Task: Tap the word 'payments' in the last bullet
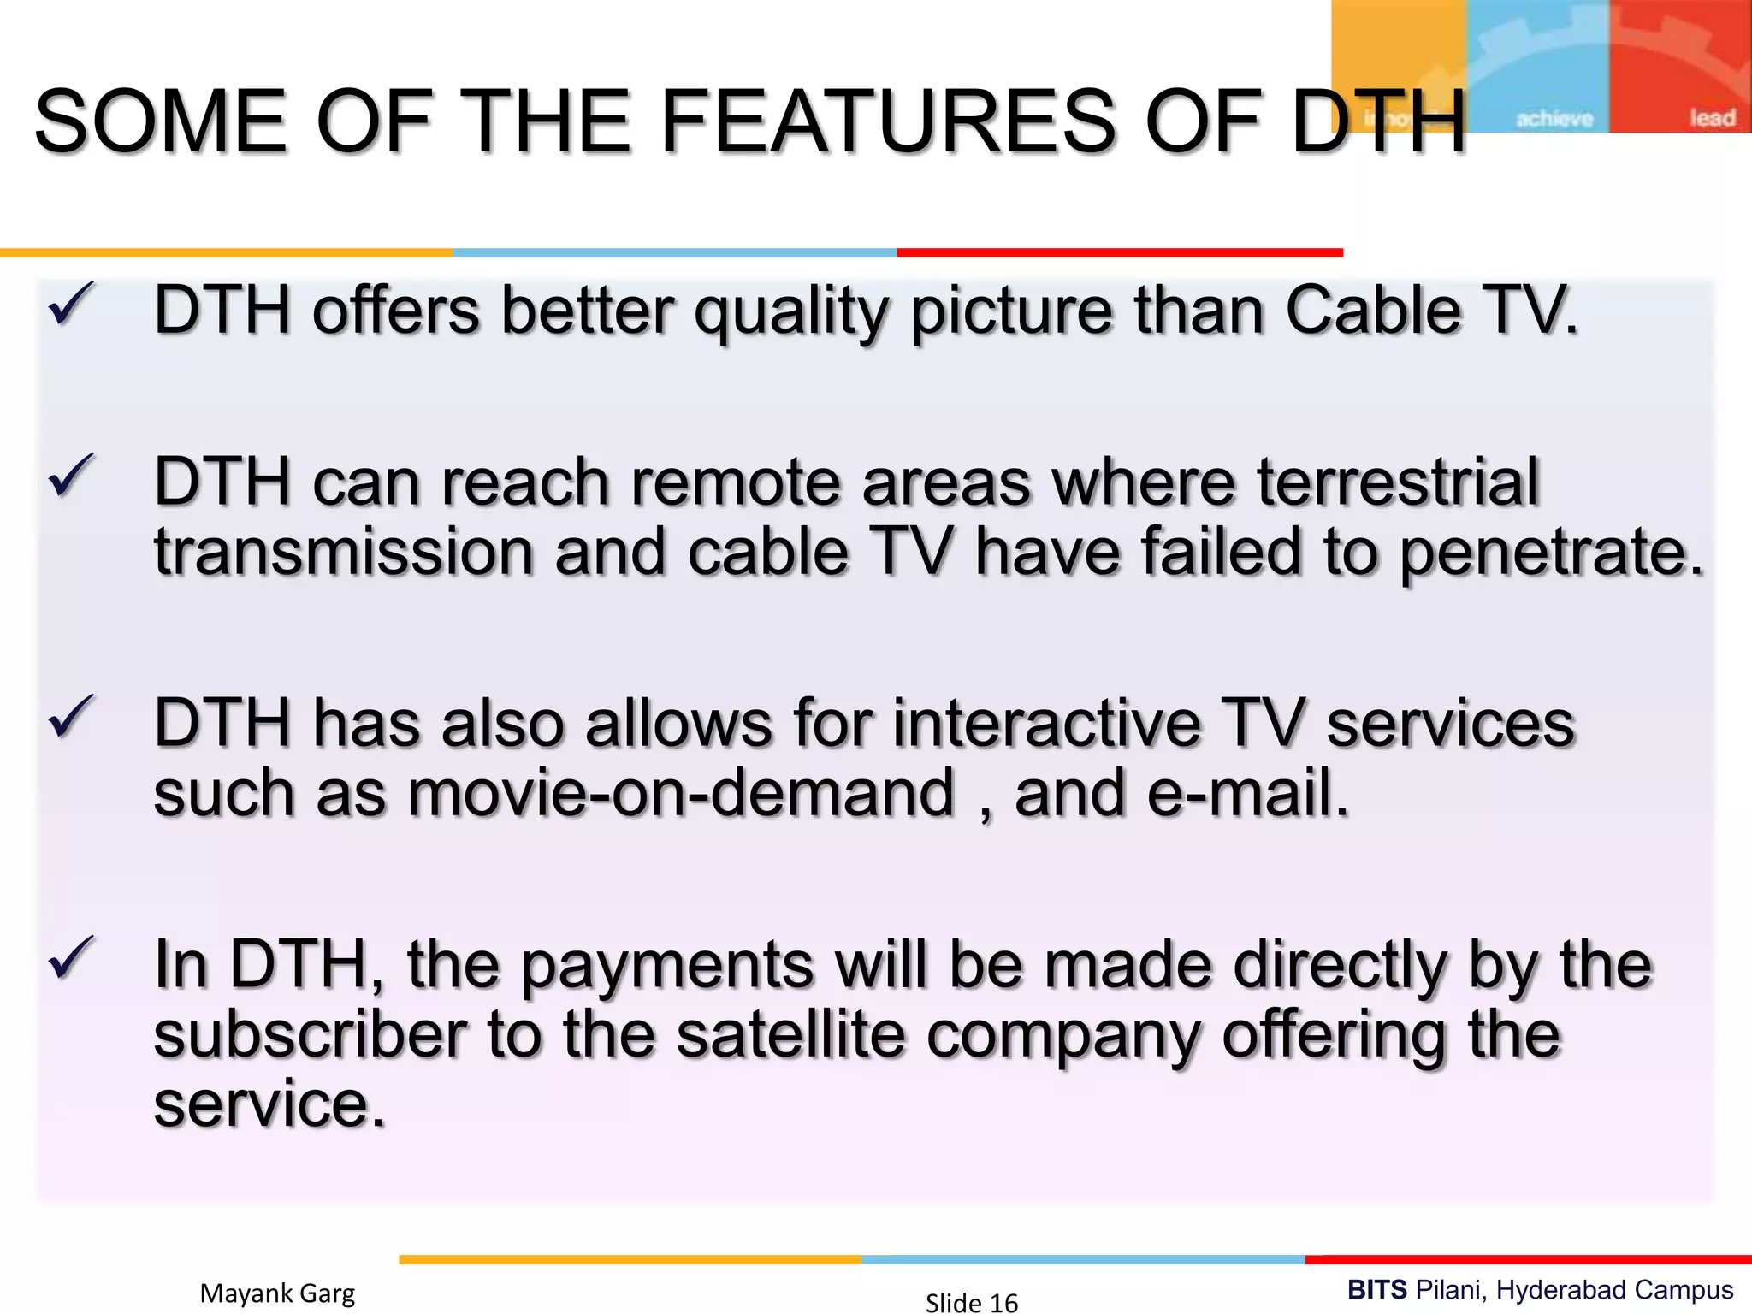(667, 967)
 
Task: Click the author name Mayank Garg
(277, 1293)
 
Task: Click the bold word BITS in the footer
(1376, 1289)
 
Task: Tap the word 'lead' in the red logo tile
(1712, 118)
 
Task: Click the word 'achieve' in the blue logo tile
(1554, 119)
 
